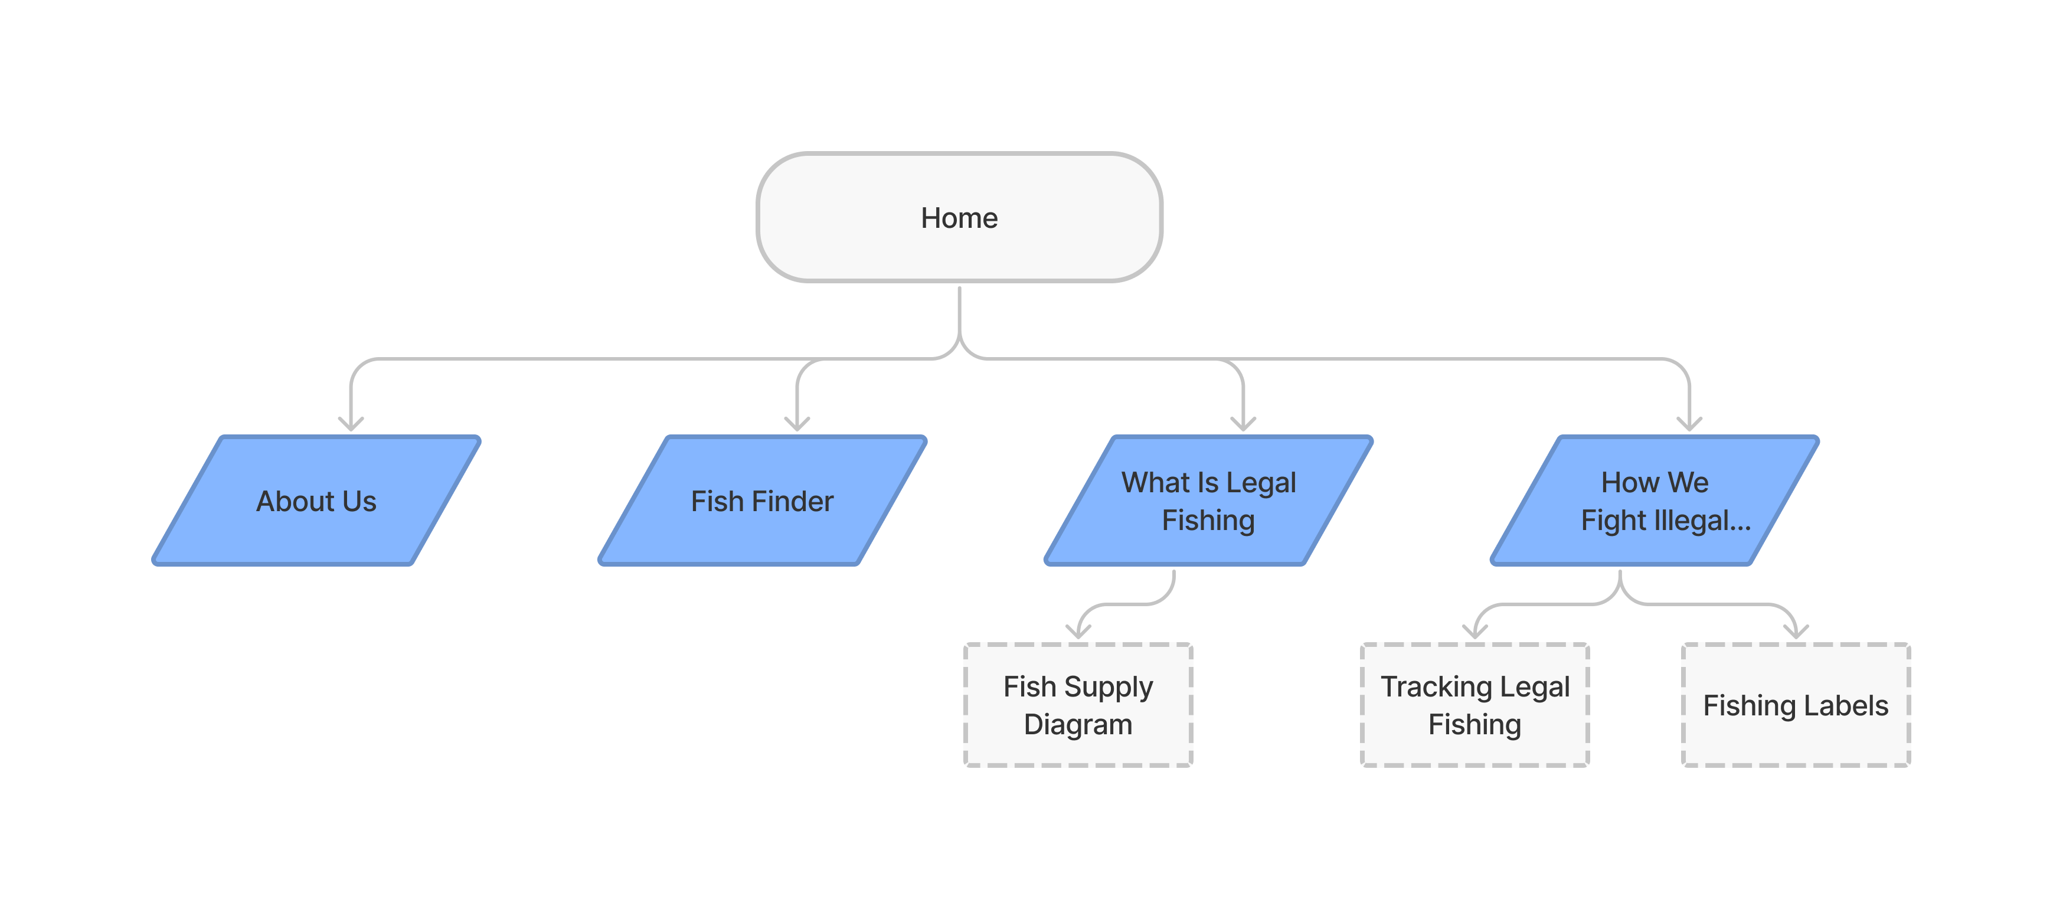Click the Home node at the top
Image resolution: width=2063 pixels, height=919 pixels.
tap(959, 218)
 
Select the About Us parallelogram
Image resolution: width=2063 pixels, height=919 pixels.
tap(316, 501)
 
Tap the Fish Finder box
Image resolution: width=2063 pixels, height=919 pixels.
tap(763, 501)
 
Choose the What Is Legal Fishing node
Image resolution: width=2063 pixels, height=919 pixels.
tap(1208, 501)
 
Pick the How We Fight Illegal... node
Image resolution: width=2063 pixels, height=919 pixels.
tap(1655, 501)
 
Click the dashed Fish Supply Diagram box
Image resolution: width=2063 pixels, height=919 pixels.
tap(1078, 705)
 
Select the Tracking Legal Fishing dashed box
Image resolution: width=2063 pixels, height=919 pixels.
tap(1474, 705)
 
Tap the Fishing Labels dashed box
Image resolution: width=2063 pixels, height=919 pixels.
tap(1796, 705)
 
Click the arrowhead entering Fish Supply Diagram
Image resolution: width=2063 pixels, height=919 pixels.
tap(1078, 632)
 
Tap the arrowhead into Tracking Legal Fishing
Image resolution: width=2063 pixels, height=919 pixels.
tap(1474, 632)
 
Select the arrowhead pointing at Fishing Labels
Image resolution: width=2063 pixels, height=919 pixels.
tap(1796, 632)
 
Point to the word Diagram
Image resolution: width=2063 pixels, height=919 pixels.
tap(1078, 724)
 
